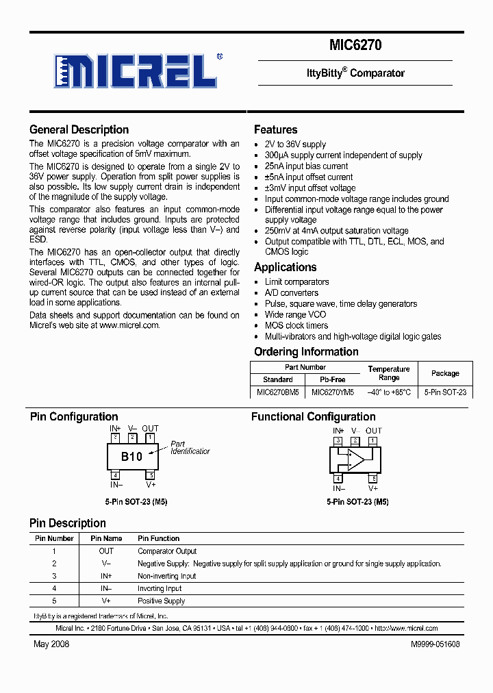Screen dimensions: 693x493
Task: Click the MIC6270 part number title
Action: [x=355, y=46]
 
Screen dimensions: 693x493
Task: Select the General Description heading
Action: [x=79, y=129]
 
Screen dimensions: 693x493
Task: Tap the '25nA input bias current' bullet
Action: [x=306, y=166]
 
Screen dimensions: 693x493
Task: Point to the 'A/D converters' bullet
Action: [x=292, y=293]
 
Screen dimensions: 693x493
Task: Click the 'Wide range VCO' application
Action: [x=295, y=315]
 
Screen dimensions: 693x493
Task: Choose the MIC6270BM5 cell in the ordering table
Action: [x=277, y=392]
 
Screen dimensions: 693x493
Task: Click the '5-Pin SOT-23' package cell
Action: [x=445, y=392]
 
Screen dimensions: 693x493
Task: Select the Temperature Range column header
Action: [x=389, y=373]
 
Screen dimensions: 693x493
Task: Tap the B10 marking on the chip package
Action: [x=131, y=457]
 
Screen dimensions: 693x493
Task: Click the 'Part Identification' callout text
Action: [x=190, y=448]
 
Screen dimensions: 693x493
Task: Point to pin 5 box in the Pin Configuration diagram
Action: [x=151, y=475]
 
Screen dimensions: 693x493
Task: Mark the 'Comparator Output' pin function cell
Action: [x=167, y=551]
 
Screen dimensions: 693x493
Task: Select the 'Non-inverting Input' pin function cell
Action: [x=167, y=576]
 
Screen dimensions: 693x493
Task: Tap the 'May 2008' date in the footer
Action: [x=51, y=644]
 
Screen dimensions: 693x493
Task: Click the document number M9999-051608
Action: [x=435, y=644]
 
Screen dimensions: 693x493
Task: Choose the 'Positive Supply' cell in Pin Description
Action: [x=162, y=601]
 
